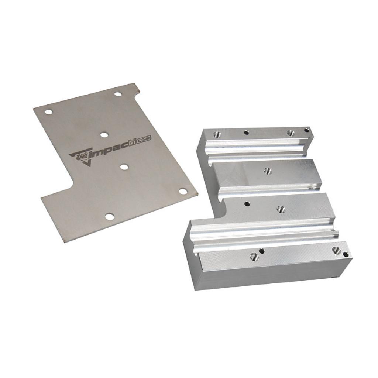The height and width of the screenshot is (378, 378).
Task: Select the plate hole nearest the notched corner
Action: pyautogui.click(x=118, y=94)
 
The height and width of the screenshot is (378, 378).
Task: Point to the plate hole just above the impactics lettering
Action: pyautogui.click(x=104, y=135)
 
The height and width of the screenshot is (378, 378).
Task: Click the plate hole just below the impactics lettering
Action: pyautogui.click(x=124, y=166)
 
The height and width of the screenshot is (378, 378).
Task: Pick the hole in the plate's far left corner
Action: pyautogui.click(x=49, y=112)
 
